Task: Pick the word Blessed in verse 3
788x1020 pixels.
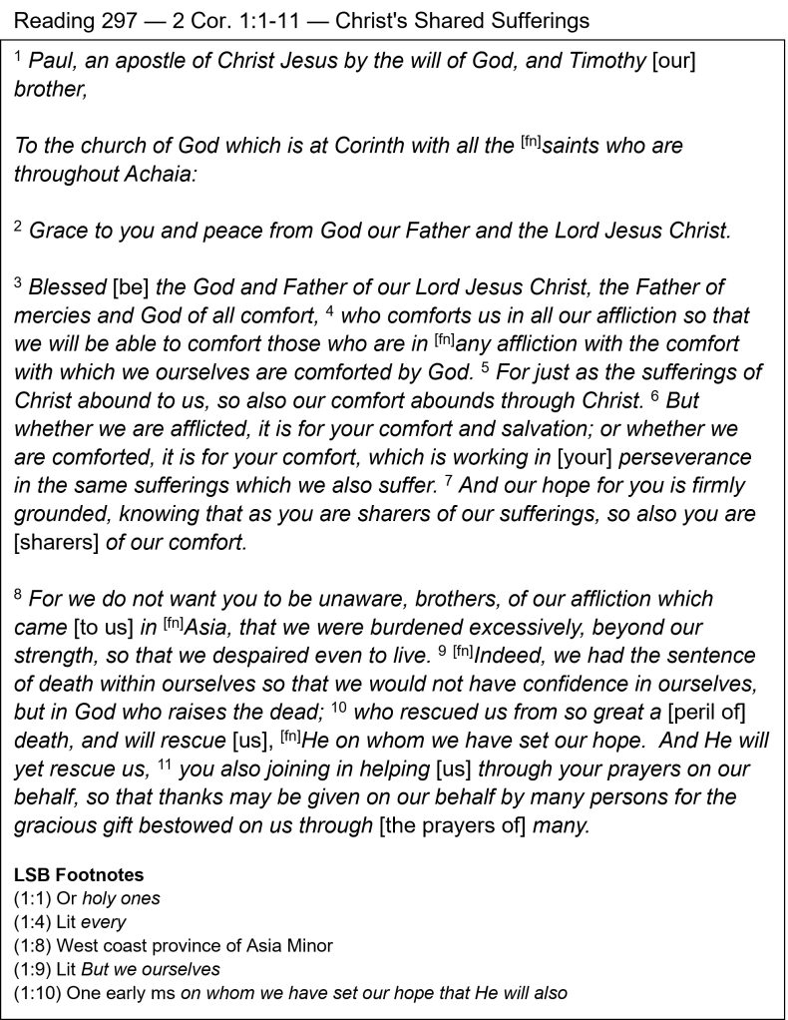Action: tap(68, 288)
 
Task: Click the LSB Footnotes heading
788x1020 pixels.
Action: tap(78, 875)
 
